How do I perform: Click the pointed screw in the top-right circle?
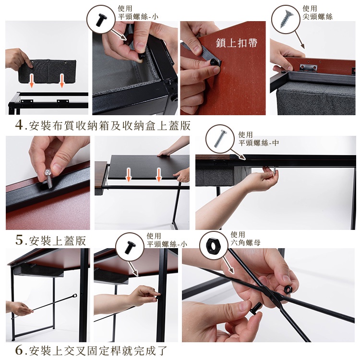tap(286, 19)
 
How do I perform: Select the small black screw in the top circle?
tap(100, 19)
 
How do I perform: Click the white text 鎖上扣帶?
tap(237, 43)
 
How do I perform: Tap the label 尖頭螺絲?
tap(317, 17)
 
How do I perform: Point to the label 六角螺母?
tap(245, 243)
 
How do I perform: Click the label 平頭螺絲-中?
tap(259, 143)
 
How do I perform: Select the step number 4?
tap(19, 125)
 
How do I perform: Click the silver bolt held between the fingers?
tap(49, 178)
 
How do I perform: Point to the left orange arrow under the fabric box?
tap(32, 81)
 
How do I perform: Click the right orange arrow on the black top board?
tap(159, 175)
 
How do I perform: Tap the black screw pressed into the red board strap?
tap(213, 62)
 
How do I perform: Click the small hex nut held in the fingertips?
tap(288, 289)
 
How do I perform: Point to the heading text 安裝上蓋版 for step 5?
tap(58, 240)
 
